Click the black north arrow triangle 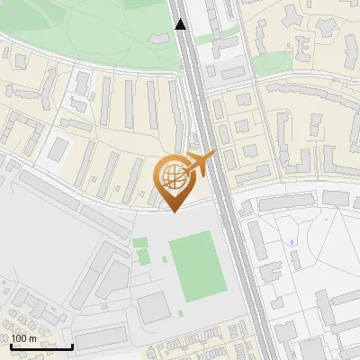click(181, 24)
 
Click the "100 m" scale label click(24, 337)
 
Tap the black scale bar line click(40, 346)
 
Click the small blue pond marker click(293, 243)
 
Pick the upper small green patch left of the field click(139, 242)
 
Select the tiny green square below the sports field click(180, 312)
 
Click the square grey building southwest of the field click(154, 308)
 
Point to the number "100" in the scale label click(19, 337)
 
